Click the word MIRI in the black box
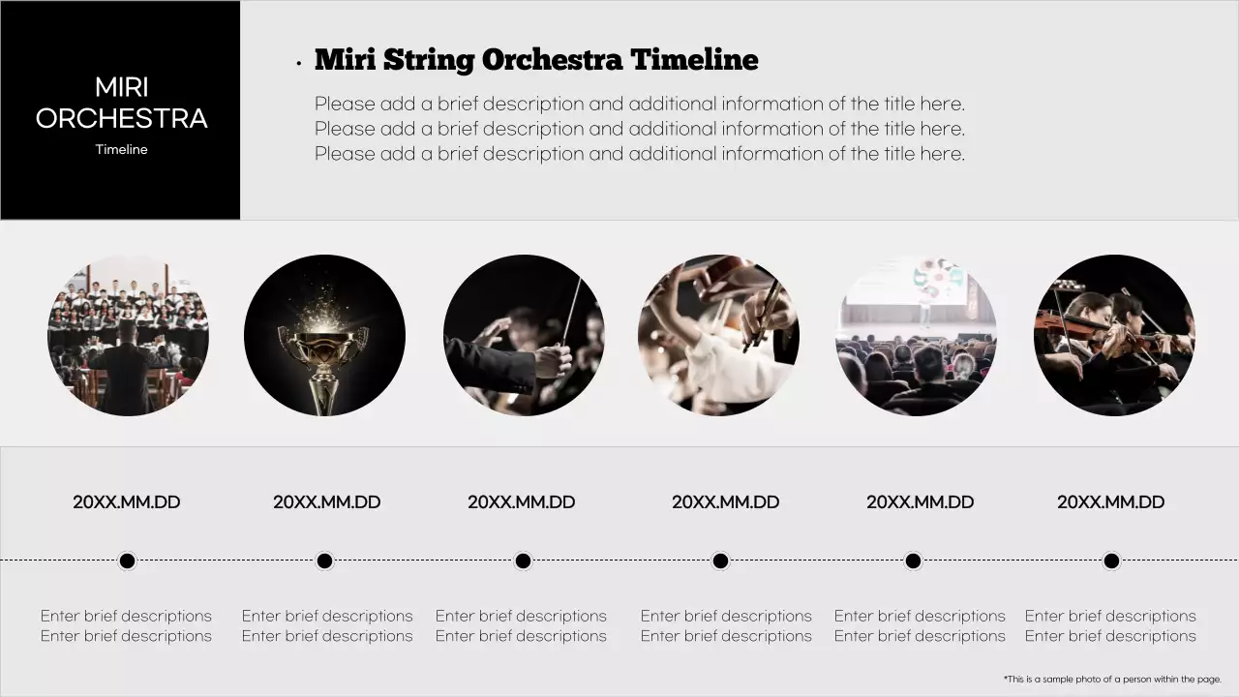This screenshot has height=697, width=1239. [122, 88]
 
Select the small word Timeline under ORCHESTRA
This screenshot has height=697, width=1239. [122, 149]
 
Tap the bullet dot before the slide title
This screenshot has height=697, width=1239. [299, 64]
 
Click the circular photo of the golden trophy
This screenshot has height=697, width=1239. [324, 335]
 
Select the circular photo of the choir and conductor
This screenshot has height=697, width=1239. [128, 335]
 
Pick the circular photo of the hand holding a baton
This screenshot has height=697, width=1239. [523, 335]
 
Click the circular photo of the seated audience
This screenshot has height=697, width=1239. [916, 335]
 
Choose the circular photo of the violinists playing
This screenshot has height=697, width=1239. [1114, 335]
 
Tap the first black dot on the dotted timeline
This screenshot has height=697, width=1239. [127, 561]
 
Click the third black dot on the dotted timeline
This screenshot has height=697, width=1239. [523, 561]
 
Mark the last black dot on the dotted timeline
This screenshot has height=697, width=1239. [1111, 561]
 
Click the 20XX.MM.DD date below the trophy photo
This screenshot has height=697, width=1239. [327, 502]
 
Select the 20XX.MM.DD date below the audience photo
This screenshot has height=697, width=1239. [920, 502]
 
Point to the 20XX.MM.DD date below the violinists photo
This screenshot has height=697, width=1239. [1111, 502]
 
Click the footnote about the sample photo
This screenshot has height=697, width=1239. [1112, 680]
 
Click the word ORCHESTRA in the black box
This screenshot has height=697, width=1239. [122, 119]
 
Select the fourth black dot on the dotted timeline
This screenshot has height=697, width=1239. [720, 561]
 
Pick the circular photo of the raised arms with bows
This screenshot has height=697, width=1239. [719, 335]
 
